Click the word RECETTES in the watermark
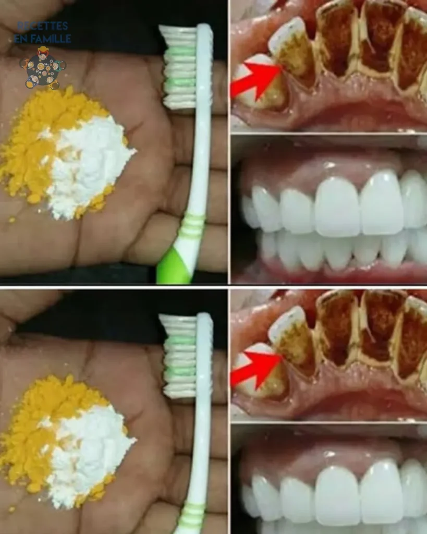[43, 26]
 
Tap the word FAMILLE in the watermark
[51, 39]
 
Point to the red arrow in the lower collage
[255, 371]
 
